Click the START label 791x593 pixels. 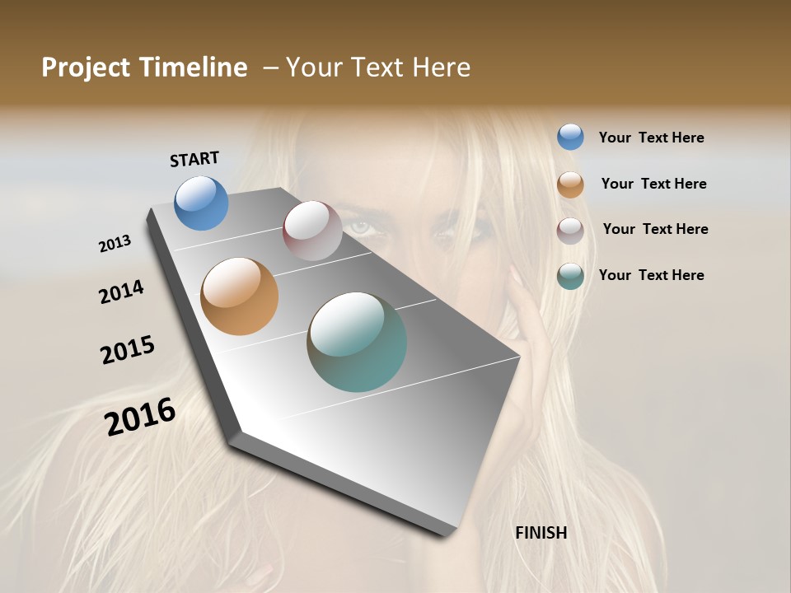click(194, 158)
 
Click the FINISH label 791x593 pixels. click(541, 533)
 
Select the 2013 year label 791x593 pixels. click(115, 244)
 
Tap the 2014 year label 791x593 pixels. click(121, 292)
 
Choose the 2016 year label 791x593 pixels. click(140, 416)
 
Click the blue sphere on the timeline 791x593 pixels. click(201, 203)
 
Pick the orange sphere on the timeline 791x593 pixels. click(239, 296)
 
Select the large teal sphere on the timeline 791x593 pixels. click(357, 342)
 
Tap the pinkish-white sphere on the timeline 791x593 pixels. click(312, 231)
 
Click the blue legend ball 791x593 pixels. click(570, 137)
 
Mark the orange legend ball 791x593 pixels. click(570, 184)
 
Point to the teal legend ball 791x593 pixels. click(570, 276)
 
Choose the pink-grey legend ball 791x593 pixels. click(570, 231)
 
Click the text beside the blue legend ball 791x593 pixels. click(651, 138)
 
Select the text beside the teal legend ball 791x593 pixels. click(651, 275)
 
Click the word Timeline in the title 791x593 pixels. click(193, 68)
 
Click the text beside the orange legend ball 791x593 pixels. click(653, 184)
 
